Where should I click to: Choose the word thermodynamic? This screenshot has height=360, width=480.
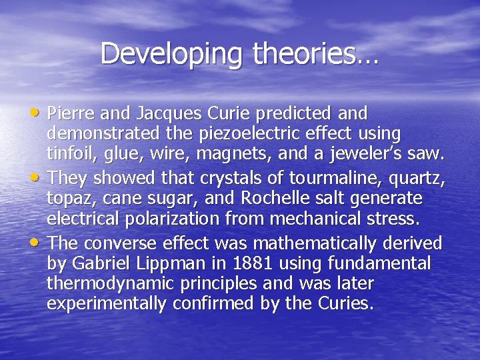coord(115,283)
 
